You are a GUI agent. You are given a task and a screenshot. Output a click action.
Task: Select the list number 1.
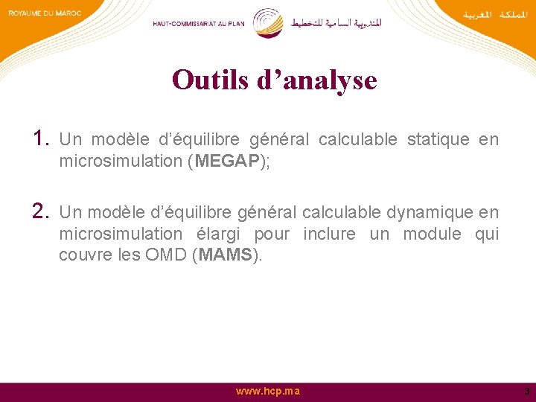[x=40, y=138]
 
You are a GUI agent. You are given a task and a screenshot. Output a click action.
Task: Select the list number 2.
[x=40, y=211]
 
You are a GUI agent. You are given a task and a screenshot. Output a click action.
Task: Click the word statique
[x=438, y=140]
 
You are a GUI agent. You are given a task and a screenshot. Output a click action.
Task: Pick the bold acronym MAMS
[x=226, y=255]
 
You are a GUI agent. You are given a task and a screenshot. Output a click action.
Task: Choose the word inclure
[x=329, y=234]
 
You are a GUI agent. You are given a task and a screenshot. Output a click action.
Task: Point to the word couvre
[x=84, y=255]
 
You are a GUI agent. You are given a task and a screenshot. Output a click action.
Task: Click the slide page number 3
[x=526, y=392]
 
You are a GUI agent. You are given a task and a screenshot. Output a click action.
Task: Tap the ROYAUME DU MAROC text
[x=45, y=13]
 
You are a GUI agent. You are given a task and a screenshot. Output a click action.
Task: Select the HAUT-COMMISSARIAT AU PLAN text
[x=200, y=23]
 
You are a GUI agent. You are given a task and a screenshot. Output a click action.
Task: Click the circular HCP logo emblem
[x=267, y=22]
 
